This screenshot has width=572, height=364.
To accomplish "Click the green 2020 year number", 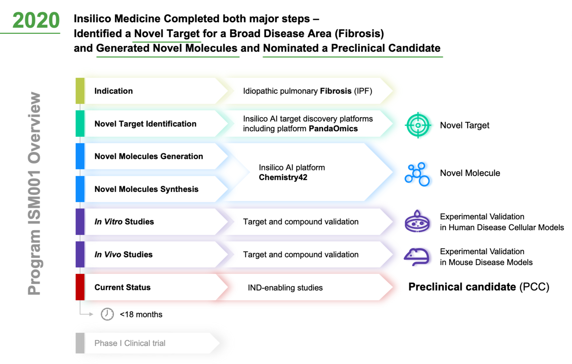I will [x=36, y=20].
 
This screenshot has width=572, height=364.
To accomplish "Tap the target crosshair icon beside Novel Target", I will [x=418, y=125].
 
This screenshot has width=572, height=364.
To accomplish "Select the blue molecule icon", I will [x=417, y=174].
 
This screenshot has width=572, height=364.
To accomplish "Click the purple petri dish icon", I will [x=417, y=221].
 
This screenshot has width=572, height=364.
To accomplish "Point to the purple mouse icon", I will [x=417, y=257].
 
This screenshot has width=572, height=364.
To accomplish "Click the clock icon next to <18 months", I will [x=107, y=314].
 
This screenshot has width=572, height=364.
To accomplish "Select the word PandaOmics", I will [x=333, y=129].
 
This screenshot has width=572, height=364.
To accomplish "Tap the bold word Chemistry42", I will [x=283, y=177].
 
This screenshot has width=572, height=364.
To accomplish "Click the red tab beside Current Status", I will [x=80, y=287].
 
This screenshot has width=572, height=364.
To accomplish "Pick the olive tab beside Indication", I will [x=80, y=91].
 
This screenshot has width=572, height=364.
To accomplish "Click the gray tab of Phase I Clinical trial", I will [x=80, y=343].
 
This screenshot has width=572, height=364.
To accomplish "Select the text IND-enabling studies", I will [x=285, y=287].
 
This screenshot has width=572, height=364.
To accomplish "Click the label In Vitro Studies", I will [x=124, y=222].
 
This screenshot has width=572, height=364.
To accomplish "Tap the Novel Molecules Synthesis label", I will [x=146, y=189].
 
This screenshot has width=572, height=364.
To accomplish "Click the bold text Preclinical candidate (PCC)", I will [x=479, y=287].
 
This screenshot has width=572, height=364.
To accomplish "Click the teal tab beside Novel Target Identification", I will [x=80, y=124].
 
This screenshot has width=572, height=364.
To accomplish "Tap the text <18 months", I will [x=141, y=315].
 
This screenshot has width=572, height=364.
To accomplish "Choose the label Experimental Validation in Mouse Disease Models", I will [x=486, y=257].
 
